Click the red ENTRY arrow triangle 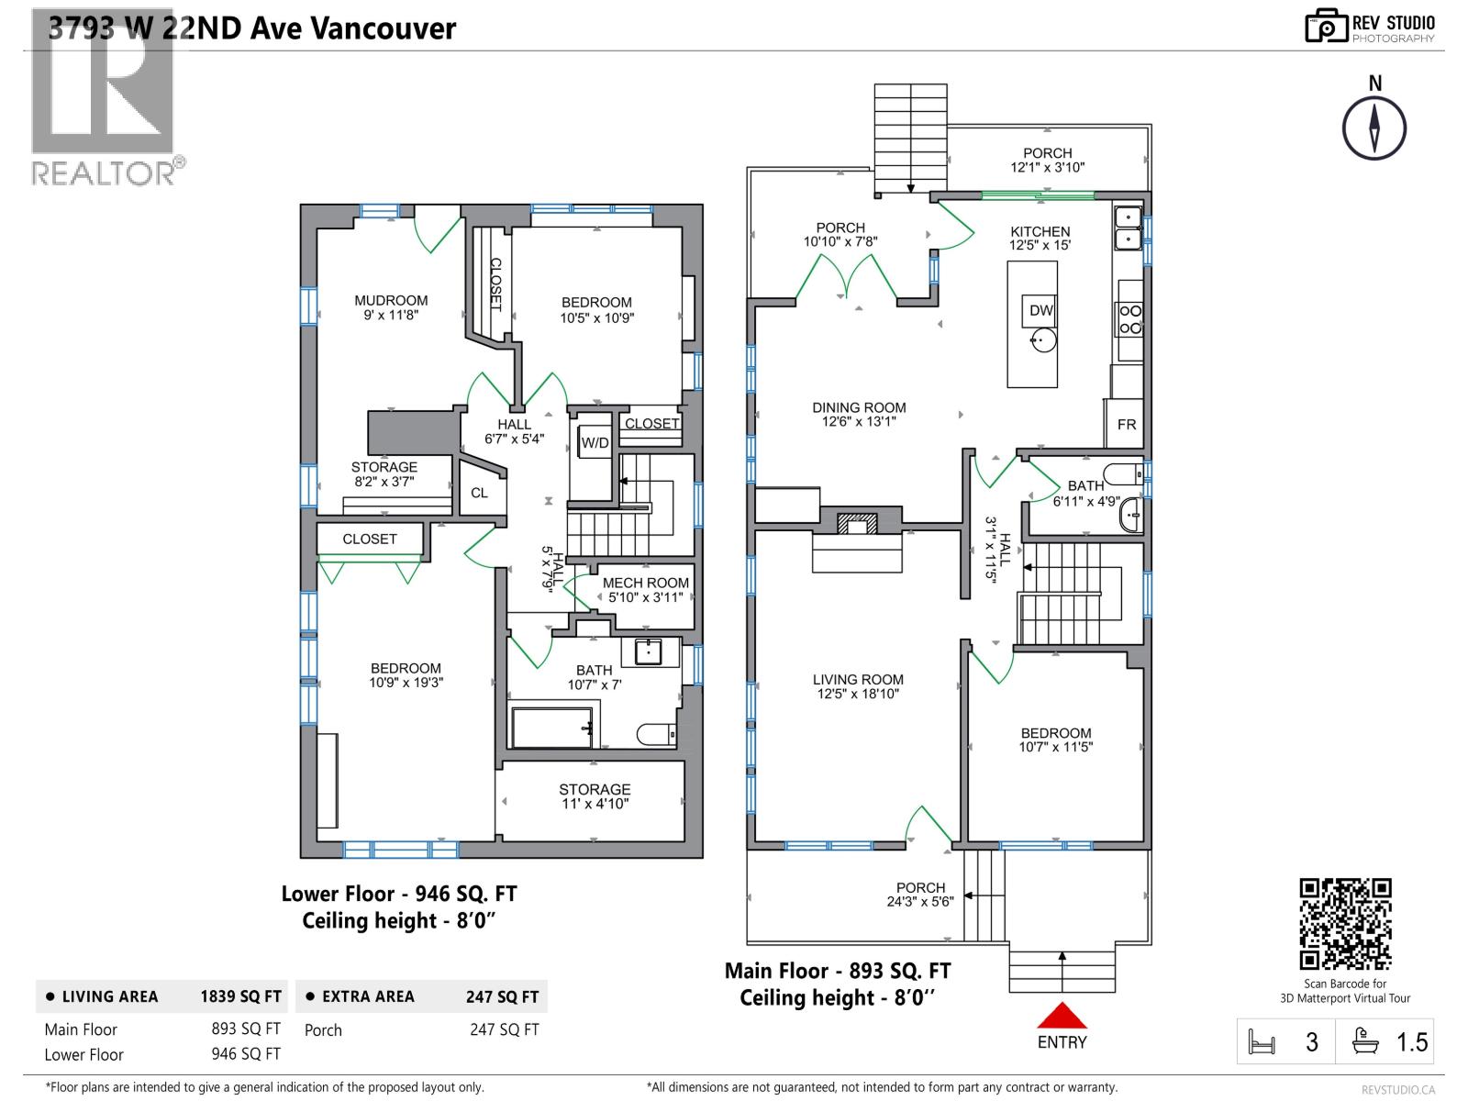1062,1017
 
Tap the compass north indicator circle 1374,128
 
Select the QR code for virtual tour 1345,924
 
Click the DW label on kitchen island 1041,310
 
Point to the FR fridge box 1126,424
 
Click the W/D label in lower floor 595,443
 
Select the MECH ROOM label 645,583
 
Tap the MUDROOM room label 391,300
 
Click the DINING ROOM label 859,407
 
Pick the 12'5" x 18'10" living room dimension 858,695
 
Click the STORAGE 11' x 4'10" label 595,796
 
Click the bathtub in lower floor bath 551,728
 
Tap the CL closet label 479,493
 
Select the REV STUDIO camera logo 1326,26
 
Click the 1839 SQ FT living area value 240,996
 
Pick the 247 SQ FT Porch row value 504,1029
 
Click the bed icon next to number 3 1262,1042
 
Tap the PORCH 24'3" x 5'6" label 920,894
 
